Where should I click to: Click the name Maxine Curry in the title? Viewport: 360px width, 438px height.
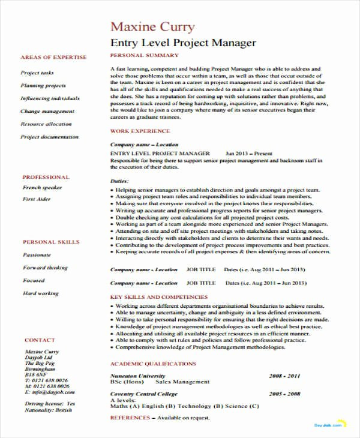click(x=153, y=27)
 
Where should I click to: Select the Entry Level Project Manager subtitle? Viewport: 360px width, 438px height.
click(x=184, y=43)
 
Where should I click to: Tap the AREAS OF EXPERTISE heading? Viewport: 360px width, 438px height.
click(x=53, y=58)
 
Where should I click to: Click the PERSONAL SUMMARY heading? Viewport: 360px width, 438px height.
click(x=145, y=55)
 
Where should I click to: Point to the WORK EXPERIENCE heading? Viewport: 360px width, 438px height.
click(x=140, y=131)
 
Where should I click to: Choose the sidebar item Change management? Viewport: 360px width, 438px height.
click(x=47, y=111)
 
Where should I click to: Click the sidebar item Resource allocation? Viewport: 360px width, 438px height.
click(x=46, y=124)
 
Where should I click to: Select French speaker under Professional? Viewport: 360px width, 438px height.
click(x=42, y=188)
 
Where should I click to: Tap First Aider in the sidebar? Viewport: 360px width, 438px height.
click(x=37, y=199)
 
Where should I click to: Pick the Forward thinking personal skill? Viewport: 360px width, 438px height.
click(x=45, y=268)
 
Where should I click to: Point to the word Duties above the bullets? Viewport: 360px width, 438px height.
click(x=120, y=180)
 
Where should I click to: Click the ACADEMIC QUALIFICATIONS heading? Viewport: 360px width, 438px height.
click(x=153, y=364)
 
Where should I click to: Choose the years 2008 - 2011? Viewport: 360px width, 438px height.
click(x=284, y=375)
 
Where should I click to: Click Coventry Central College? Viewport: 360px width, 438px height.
click(x=144, y=394)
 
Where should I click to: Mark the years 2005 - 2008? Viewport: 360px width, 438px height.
click(x=284, y=394)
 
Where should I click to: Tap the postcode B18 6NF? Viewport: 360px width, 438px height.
click(x=35, y=373)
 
